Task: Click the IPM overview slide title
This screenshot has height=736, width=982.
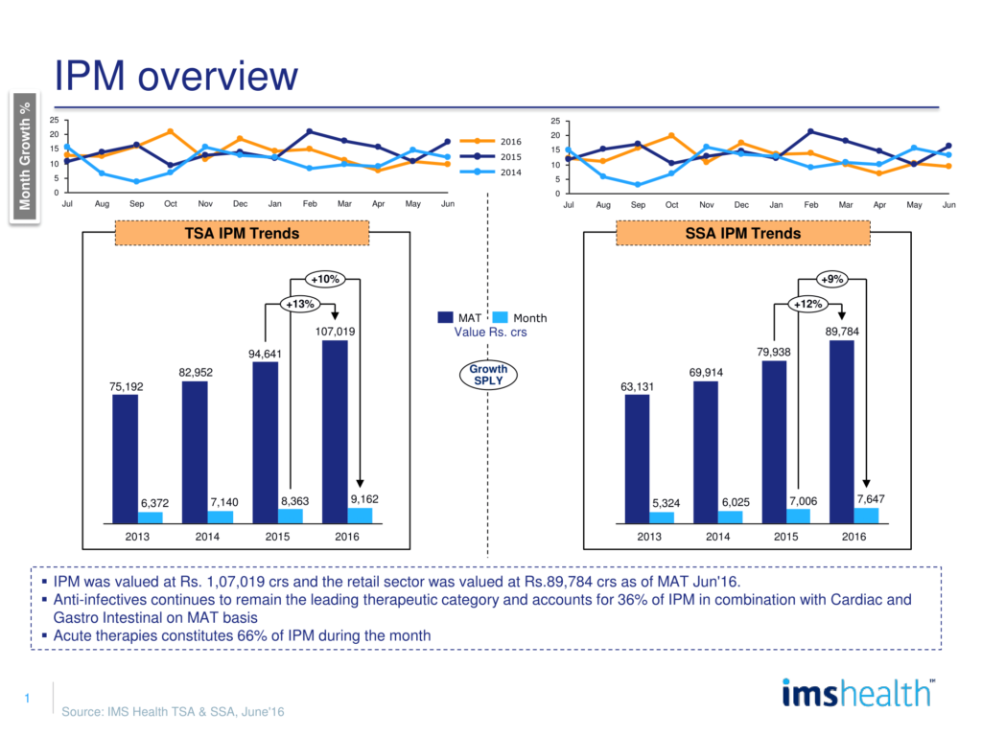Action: point(175,76)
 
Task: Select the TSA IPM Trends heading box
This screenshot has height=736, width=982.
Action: point(241,233)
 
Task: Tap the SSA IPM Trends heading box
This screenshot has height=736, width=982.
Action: point(742,233)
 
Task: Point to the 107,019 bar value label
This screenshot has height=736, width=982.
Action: point(334,332)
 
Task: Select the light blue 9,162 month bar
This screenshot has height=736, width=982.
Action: point(360,516)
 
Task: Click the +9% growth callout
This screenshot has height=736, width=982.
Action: point(830,279)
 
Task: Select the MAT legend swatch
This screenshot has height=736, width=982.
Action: point(446,317)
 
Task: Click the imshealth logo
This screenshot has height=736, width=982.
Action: point(857,692)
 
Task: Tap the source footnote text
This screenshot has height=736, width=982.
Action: point(173,712)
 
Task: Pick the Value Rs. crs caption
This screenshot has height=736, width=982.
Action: point(491,333)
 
